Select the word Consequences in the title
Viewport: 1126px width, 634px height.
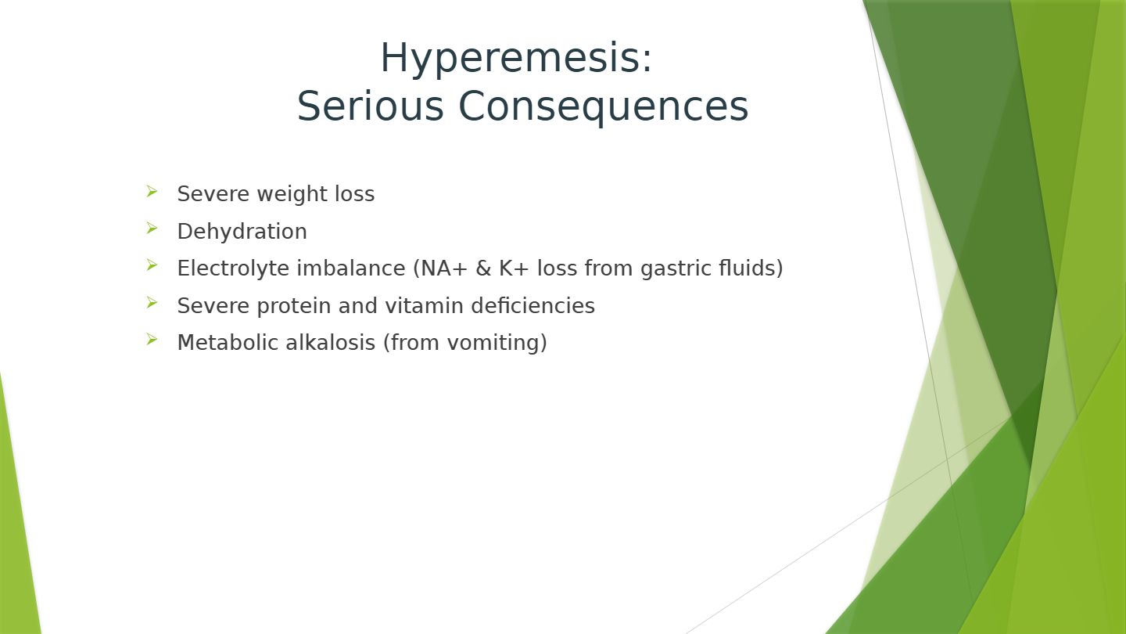coord(603,107)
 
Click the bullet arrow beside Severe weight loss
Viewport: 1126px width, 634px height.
coord(152,192)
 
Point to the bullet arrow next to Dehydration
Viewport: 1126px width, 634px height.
coord(152,229)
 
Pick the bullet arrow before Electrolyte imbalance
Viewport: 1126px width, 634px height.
coord(152,265)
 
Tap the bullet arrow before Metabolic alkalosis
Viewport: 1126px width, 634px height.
coord(152,340)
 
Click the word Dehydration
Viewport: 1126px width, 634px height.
coord(242,232)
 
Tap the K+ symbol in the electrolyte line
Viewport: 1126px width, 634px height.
coord(514,268)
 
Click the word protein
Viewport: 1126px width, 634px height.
coord(293,306)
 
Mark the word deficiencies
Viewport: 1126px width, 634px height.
coord(533,305)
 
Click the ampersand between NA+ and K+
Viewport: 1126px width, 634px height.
coord(483,268)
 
